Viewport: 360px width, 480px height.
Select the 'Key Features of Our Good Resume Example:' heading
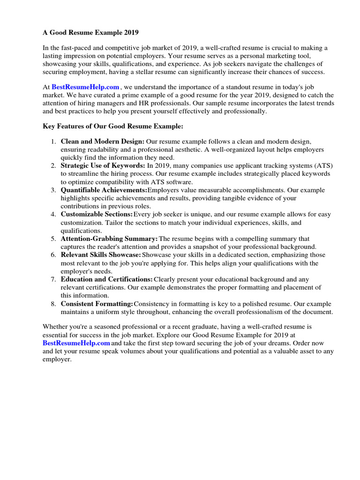(x=112, y=127)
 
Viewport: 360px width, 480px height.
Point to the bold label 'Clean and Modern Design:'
(x=103, y=141)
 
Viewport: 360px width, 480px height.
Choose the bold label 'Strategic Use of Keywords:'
(x=103, y=165)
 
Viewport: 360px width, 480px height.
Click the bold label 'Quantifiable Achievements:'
(x=104, y=190)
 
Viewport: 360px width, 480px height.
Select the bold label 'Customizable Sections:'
(x=97, y=215)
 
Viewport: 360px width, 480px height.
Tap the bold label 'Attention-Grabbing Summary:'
(x=109, y=239)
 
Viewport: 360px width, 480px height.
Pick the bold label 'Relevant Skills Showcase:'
(x=101, y=255)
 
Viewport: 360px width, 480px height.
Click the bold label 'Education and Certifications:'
(x=107, y=279)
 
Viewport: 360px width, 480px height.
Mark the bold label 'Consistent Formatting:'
(x=97, y=304)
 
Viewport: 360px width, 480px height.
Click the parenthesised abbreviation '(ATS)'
(x=320, y=165)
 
